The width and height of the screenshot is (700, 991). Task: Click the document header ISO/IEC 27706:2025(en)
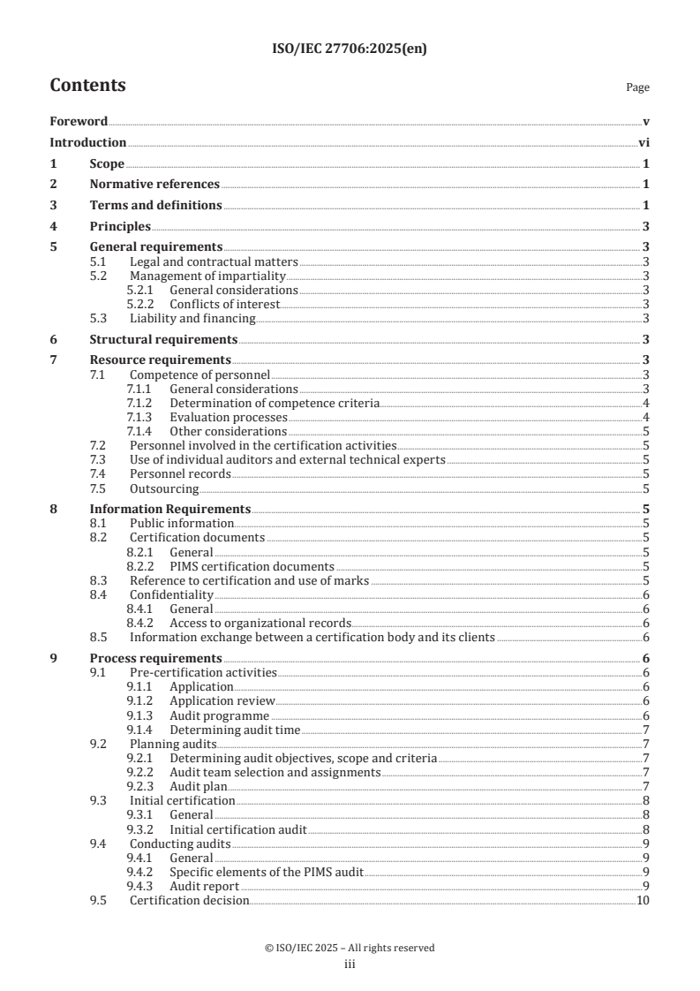click(350, 50)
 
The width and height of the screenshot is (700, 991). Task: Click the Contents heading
click(87, 86)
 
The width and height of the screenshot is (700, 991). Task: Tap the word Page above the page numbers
click(636, 88)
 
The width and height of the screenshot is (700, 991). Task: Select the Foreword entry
click(79, 122)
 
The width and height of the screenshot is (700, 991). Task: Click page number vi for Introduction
click(644, 143)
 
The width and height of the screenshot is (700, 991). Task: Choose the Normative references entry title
click(154, 185)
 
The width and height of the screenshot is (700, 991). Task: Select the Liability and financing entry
click(192, 318)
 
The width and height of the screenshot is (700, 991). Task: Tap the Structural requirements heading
click(163, 339)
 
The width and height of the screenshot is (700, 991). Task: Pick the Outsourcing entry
click(164, 488)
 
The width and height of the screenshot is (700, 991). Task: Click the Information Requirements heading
click(170, 510)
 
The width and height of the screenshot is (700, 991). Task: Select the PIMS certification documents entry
click(252, 566)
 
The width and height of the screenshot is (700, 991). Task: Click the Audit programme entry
click(219, 715)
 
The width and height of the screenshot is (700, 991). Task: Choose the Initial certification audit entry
click(237, 829)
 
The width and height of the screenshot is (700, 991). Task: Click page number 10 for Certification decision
click(643, 900)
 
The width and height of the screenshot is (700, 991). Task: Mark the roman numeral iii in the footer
click(350, 965)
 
